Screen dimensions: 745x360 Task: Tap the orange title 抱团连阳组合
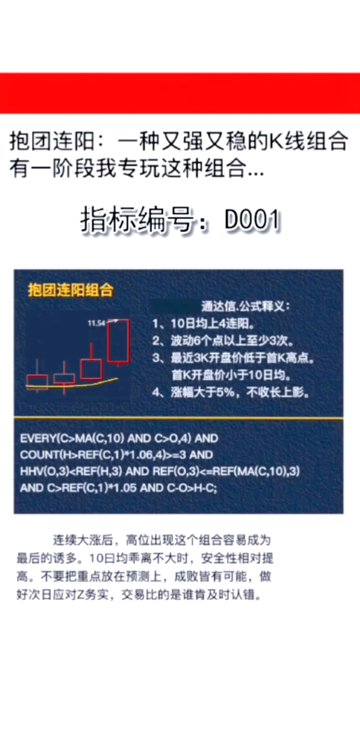click(x=69, y=290)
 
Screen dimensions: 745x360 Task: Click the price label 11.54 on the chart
click(x=94, y=323)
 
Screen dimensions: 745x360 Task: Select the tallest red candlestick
click(x=118, y=342)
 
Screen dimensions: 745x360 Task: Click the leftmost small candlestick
click(x=36, y=381)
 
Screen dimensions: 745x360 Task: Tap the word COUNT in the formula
click(x=40, y=456)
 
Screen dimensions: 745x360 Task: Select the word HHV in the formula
click(x=33, y=472)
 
